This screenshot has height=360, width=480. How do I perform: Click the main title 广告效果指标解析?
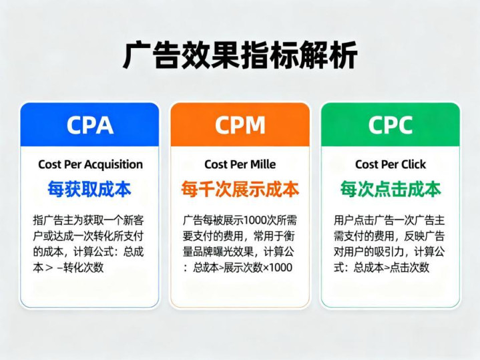click(240, 55)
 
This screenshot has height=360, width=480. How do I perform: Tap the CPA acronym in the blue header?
click(90, 125)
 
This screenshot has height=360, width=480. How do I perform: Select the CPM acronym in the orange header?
click(240, 125)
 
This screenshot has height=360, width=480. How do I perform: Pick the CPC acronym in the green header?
click(391, 125)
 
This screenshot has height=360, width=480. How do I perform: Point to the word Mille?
click(263, 164)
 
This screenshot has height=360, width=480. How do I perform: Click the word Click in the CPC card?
click(413, 164)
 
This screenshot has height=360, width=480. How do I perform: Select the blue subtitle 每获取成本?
click(89, 189)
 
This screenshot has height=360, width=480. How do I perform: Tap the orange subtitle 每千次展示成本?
click(240, 189)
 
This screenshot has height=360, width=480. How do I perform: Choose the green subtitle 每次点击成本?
click(391, 189)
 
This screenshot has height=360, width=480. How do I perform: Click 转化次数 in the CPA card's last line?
click(83, 267)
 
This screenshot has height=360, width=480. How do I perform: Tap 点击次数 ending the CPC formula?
click(409, 267)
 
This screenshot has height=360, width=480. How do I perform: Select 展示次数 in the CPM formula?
click(243, 267)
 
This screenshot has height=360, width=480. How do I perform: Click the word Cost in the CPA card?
click(50, 164)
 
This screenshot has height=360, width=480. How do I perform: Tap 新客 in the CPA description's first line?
click(134, 220)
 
